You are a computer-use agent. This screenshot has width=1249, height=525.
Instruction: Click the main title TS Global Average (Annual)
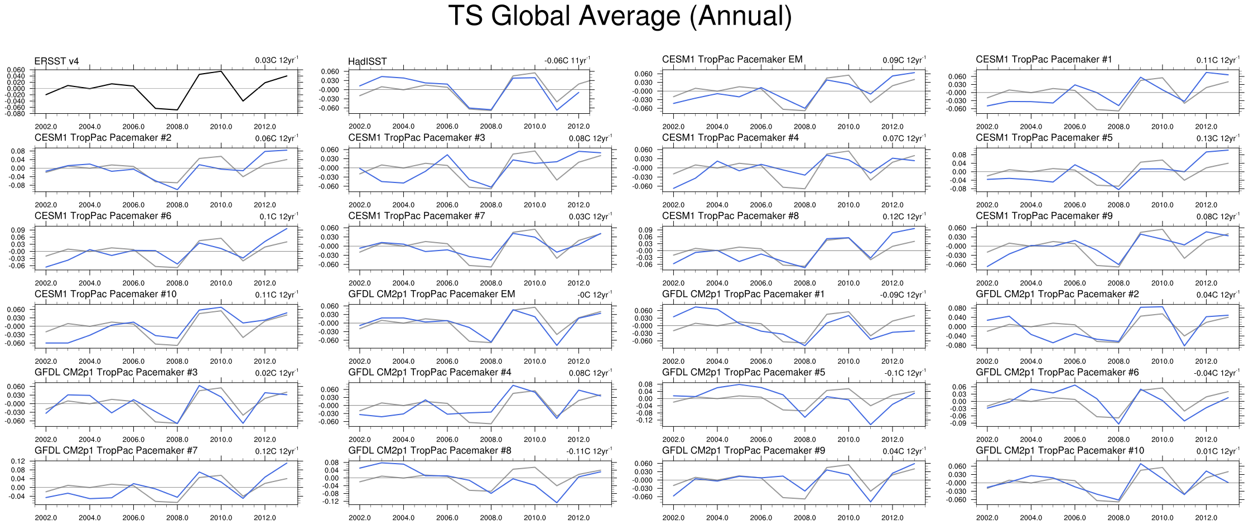(x=620, y=16)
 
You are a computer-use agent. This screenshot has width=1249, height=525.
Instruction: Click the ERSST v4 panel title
(x=56, y=61)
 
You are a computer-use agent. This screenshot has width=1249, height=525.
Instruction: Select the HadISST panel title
(x=367, y=61)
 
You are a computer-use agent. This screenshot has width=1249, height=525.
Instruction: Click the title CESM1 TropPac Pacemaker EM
(x=732, y=59)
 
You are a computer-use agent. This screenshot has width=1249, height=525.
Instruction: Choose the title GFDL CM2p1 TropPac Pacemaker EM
(x=432, y=294)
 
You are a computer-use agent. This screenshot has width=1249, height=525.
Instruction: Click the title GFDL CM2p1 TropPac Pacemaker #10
(x=1060, y=450)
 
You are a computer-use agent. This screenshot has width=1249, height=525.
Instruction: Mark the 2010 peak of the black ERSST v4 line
(x=221, y=71)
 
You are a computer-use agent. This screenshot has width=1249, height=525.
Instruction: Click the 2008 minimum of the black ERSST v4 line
(x=177, y=110)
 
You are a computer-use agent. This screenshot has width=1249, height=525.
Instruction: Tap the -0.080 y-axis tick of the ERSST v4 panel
(x=16, y=114)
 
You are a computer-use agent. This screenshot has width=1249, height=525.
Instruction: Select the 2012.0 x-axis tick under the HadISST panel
(x=578, y=127)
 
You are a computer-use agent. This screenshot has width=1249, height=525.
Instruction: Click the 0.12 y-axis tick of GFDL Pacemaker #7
(x=18, y=461)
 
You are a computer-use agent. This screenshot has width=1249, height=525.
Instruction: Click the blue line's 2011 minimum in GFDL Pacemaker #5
(x=870, y=425)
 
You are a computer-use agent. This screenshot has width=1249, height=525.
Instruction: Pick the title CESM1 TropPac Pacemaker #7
(x=417, y=216)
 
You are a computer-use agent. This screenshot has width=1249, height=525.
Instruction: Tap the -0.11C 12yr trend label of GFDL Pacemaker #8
(x=589, y=451)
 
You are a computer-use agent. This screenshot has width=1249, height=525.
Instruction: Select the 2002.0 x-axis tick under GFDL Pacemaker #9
(x=673, y=517)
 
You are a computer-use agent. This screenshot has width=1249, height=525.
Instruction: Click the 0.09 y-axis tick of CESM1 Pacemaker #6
(x=19, y=230)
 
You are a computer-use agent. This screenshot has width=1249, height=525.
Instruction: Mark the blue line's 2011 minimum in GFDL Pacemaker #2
(x=1184, y=346)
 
